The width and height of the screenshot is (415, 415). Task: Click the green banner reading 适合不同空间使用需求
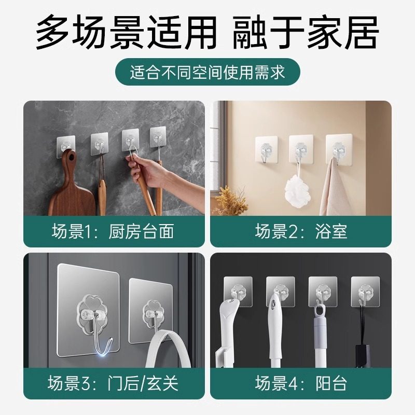click(208, 72)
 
